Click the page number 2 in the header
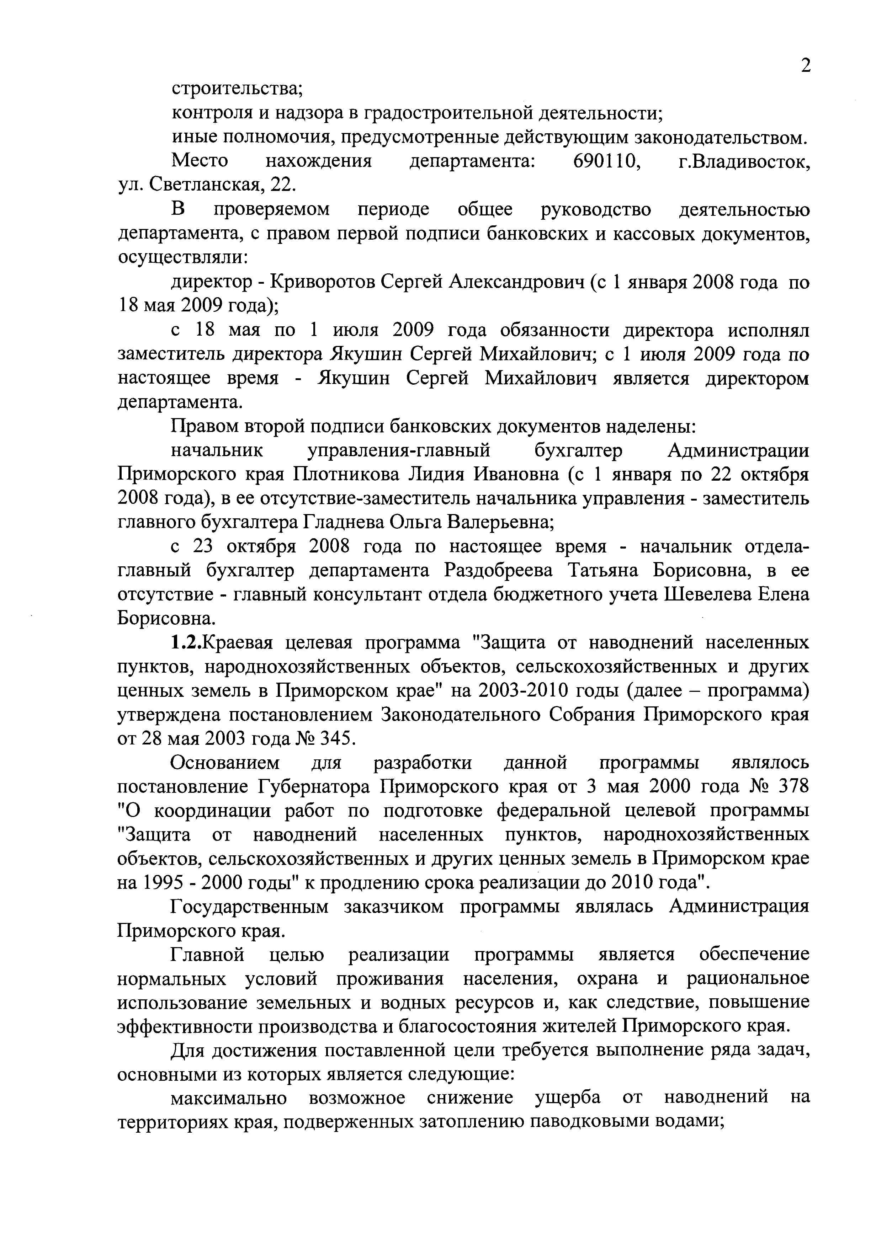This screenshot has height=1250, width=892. click(805, 66)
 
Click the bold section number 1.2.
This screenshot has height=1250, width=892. click(186, 642)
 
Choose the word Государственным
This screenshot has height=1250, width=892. click(249, 907)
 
